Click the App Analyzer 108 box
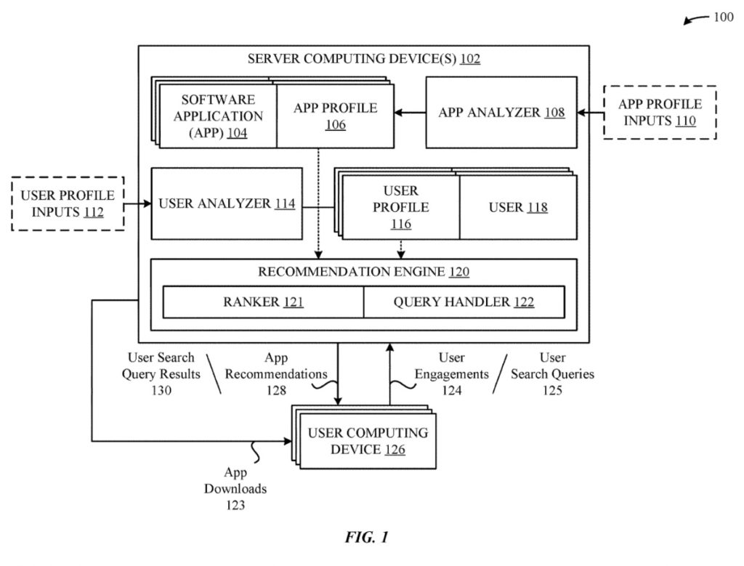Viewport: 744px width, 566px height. tap(501, 113)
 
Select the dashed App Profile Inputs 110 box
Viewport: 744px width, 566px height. tap(660, 113)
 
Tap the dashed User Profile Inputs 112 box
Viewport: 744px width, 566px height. tap(68, 203)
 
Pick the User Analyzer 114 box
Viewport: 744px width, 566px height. tap(227, 203)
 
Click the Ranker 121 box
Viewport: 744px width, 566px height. tap(263, 302)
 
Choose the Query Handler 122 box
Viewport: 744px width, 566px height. tap(464, 302)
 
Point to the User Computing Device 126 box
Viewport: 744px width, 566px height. tap(368, 441)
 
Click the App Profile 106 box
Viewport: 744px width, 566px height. tap(335, 116)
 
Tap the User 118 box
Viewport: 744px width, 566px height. tap(518, 208)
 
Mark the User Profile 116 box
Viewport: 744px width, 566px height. tap(401, 208)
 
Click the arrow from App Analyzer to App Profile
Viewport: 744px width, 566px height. tap(410, 112)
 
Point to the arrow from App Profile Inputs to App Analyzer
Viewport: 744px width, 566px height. tap(590, 112)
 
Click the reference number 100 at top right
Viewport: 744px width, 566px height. tap(723, 17)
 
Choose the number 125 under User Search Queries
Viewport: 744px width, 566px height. tap(552, 391)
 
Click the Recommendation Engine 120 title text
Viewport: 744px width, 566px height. tap(363, 272)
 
